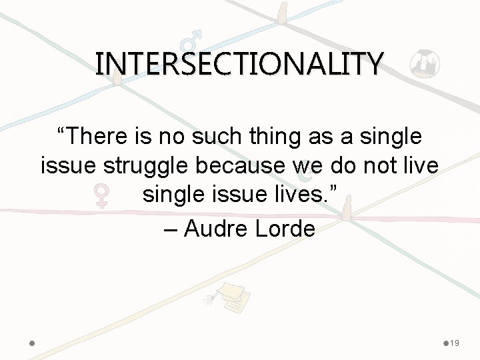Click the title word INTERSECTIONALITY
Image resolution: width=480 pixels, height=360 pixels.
[x=239, y=64]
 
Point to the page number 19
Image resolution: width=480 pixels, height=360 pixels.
[x=455, y=343]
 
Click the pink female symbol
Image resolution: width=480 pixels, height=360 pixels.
[x=101, y=195]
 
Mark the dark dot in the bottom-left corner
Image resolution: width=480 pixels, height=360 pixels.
[x=33, y=343]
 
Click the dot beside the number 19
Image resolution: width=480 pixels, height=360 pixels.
[x=446, y=343]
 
